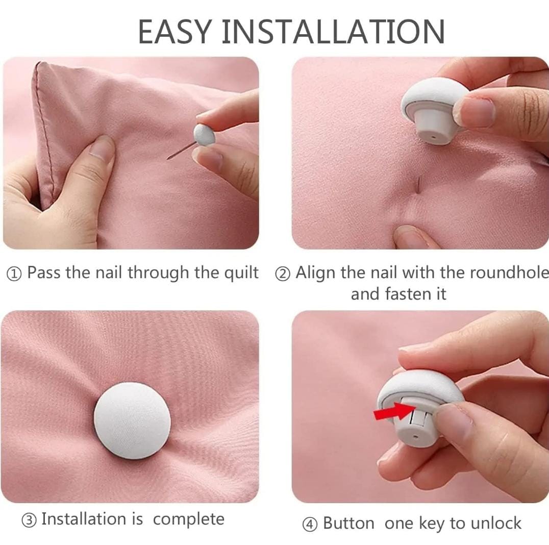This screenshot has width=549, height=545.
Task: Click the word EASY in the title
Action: pyautogui.click(x=175, y=32)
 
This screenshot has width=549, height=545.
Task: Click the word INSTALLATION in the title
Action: pyautogui.click(x=333, y=32)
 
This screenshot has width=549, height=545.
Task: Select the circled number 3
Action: pyautogui.click(x=29, y=521)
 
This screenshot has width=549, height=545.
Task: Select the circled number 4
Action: pyautogui.click(x=310, y=525)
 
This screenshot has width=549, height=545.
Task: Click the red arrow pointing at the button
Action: pyautogui.click(x=394, y=411)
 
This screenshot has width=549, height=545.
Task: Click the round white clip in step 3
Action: pyautogui.click(x=132, y=420)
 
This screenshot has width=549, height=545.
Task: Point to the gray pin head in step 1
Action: pyautogui.click(x=204, y=135)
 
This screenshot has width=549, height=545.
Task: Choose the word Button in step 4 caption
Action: pyautogui.click(x=348, y=523)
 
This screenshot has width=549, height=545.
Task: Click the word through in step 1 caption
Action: pyautogui.click(x=158, y=272)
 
